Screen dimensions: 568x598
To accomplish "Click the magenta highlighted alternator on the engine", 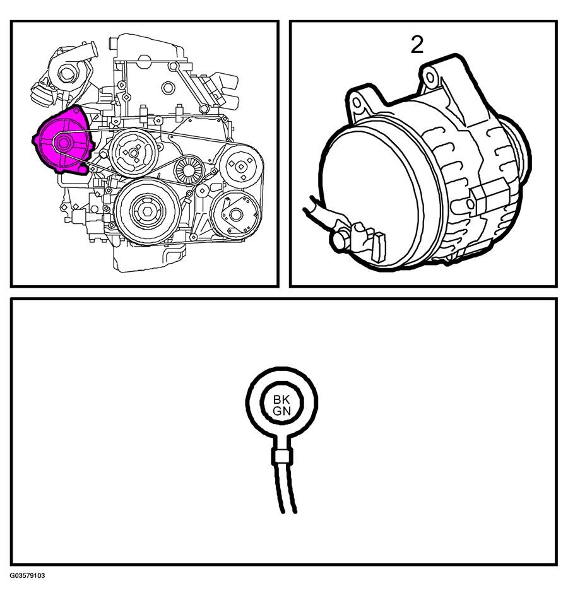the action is click(x=63, y=141).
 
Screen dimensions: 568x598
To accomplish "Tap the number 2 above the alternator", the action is click(x=417, y=45).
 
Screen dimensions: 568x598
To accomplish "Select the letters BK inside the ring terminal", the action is click(x=282, y=400).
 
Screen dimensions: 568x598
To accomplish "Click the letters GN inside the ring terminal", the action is click(x=282, y=411).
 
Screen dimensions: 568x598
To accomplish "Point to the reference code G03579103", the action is click(x=28, y=575).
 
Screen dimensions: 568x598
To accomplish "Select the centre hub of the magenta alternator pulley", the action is click(x=62, y=143).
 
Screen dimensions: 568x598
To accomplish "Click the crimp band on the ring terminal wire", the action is click(x=282, y=457).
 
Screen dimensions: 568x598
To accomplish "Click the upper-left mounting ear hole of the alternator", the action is click(x=357, y=103).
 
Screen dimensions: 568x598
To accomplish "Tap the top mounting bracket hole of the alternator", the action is click(x=430, y=78).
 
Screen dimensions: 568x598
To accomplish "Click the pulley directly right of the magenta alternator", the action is click(x=133, y=153).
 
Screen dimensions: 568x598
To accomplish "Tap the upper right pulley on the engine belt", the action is click(x=241, y=167).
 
